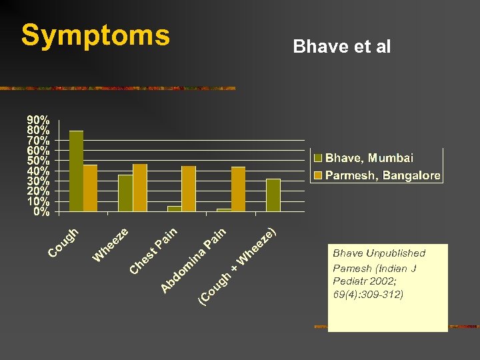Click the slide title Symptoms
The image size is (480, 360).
pos(95,35)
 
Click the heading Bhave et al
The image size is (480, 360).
pos(341,47)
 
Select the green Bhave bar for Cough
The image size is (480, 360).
pos(76,171)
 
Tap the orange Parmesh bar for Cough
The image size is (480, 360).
pos(91,188)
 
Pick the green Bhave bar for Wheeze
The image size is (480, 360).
pos(125,193)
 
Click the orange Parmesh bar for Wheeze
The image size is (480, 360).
pos(140,188)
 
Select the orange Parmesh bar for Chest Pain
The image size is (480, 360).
pos(189,189)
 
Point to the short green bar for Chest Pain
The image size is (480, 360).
pos(174,209)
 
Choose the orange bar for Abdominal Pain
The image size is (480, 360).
pos(238,189)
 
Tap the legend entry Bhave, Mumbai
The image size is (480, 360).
pos(369,158)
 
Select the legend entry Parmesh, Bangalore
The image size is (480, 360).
pos(382,175)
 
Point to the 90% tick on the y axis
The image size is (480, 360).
pos(37,119)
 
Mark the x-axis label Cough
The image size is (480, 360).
pos(65,243)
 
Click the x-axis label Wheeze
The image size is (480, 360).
pos(111,245)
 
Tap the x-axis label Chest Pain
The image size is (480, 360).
pos(154,251)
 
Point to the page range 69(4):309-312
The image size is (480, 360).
pos(368,293)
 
